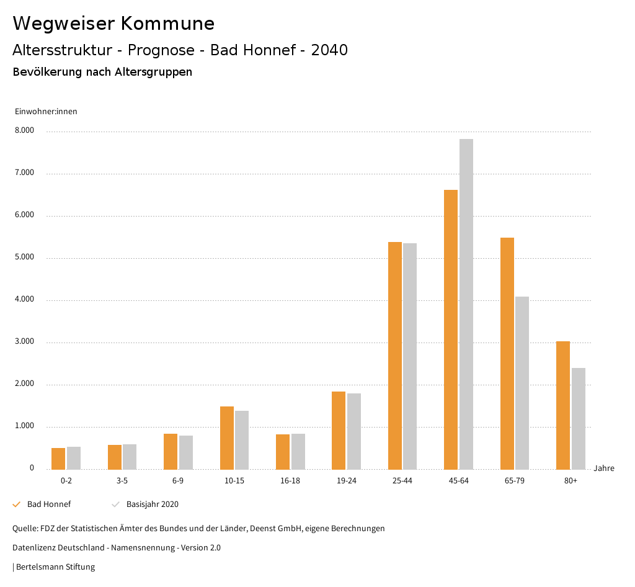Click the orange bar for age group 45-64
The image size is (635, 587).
(x=451, y=329)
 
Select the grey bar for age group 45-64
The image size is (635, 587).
(x=466, y=304)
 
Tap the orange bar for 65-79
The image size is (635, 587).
(x=507, y=353)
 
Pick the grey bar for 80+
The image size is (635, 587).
(x=579, y=418)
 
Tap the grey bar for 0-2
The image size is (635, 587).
(x=74, y=458)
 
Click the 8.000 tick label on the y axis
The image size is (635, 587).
(x=24, y=131)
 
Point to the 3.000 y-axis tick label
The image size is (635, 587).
(x=24, y=342)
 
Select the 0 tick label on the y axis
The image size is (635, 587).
(x=32, y=468)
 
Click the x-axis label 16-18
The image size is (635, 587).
(x=290, y=481)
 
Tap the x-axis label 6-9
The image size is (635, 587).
(x=178, y=481)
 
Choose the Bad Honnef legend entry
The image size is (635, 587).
(x=48, y=504)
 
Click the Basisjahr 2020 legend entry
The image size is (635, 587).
(x=152, y=504)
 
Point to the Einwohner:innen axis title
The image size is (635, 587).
(x=46, y=112)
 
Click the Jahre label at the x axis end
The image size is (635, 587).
(x=604, y=468)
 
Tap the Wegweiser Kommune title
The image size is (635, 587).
(x=113, y=24)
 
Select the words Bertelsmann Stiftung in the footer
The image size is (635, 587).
(x=55, y=567)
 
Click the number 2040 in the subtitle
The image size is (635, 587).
(x=329, y=50)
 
